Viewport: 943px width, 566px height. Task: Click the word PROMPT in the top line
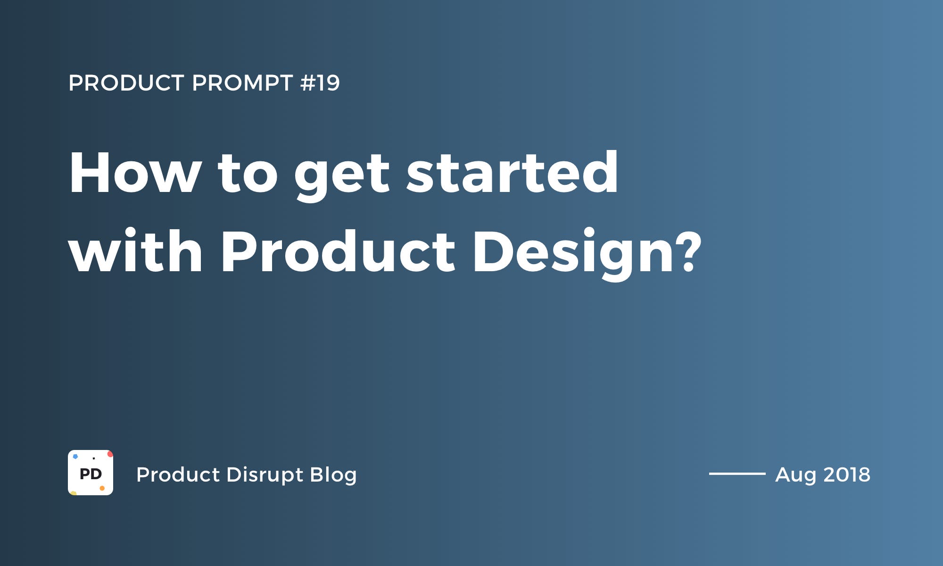click(242, 83)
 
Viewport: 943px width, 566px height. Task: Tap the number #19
click(320, 83)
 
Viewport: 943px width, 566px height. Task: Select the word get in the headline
click(342, 176)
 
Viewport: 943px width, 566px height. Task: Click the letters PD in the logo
click(91, 474)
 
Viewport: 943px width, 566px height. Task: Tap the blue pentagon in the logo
click(75, 457)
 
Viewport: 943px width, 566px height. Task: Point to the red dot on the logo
click(110, 454)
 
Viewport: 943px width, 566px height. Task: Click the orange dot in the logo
click(102, 488)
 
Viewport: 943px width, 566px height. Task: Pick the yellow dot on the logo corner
click(73, 493)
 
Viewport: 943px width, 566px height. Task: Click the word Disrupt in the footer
click(265, 475)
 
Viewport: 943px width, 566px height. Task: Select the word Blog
click(333, 475)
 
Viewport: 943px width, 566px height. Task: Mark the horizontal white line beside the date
click(737, 474)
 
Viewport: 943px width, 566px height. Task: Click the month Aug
click(796, 475)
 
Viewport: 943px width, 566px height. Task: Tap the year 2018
click(847, 474)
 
